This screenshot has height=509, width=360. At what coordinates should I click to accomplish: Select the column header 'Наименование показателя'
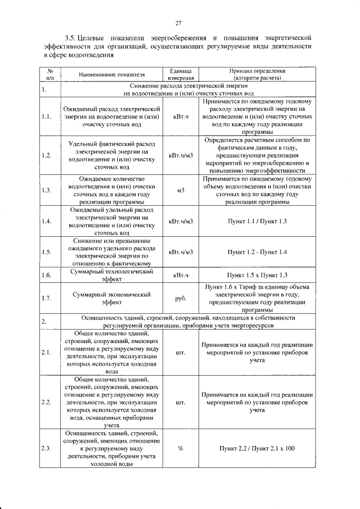[111, 74]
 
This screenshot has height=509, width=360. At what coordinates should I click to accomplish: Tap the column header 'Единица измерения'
[181, 74]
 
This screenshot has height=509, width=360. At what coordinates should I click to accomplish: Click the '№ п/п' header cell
[49, 74]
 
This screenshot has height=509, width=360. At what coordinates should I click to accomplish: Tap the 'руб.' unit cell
[181, 299]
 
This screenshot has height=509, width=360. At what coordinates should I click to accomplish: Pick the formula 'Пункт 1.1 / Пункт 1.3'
[257, 221]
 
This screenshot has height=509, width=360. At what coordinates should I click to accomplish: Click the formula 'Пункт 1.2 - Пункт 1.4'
[257, 252]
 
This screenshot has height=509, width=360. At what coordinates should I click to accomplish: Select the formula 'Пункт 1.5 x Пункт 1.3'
[257, 275]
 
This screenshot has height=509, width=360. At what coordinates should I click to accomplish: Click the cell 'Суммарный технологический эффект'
[111, 275]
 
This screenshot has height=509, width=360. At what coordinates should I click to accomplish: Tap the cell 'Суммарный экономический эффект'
[111, 299]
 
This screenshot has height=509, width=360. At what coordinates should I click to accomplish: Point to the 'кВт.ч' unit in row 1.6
[181, 275]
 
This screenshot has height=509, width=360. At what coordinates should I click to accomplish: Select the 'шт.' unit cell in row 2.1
[181, 353]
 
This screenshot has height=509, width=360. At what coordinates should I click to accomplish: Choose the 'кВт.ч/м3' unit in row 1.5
[181, 252]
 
